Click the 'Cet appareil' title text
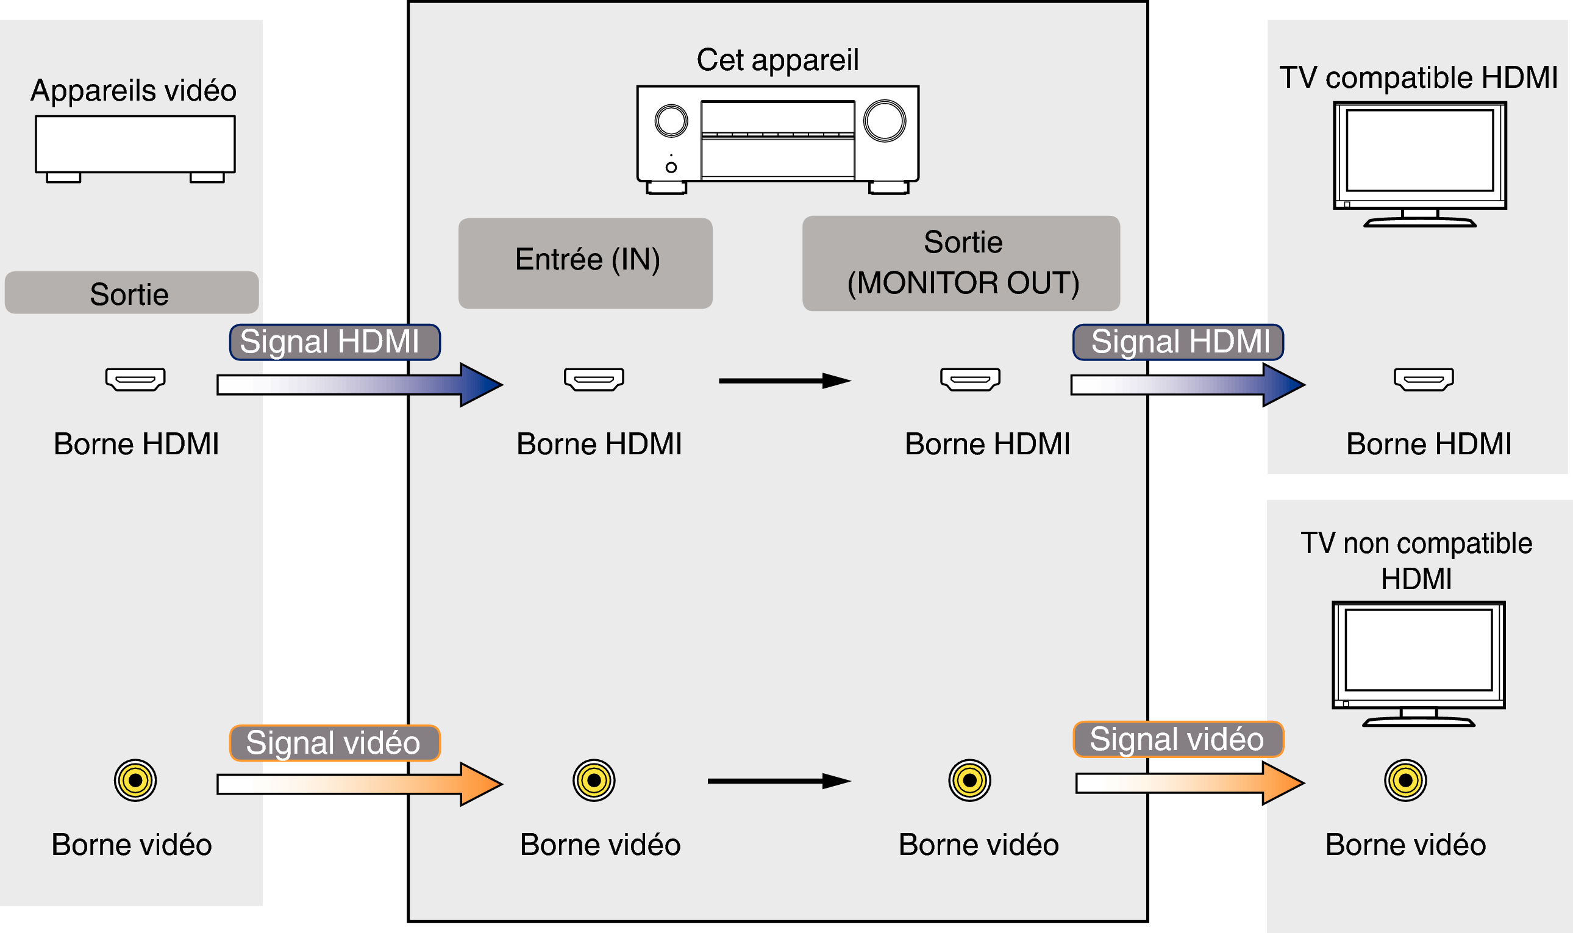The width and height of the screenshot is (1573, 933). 777,60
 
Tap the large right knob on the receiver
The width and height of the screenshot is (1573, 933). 884,121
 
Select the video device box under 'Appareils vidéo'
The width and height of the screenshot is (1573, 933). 135,145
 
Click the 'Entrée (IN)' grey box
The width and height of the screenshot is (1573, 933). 585,263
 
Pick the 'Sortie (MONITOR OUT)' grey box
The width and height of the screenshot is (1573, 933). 961,263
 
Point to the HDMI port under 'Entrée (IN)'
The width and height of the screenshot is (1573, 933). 594,379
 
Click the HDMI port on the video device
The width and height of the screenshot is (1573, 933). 135,379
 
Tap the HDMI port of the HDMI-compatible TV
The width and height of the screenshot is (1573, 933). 1424,379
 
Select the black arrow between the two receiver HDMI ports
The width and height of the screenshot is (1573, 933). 784,381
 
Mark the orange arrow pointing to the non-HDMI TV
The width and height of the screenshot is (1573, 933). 1190,783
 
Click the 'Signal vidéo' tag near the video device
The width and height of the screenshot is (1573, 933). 334,743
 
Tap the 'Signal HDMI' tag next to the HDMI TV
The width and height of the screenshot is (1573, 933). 1178,342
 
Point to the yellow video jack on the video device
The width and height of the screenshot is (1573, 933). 135,780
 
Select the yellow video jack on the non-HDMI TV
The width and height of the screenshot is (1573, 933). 1405,780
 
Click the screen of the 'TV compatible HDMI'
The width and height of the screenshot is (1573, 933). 1419,150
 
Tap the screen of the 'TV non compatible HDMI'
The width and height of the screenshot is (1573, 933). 1418,650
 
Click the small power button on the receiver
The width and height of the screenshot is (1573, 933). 671,167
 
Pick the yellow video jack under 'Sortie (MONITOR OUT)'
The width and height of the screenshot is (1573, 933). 969,780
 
